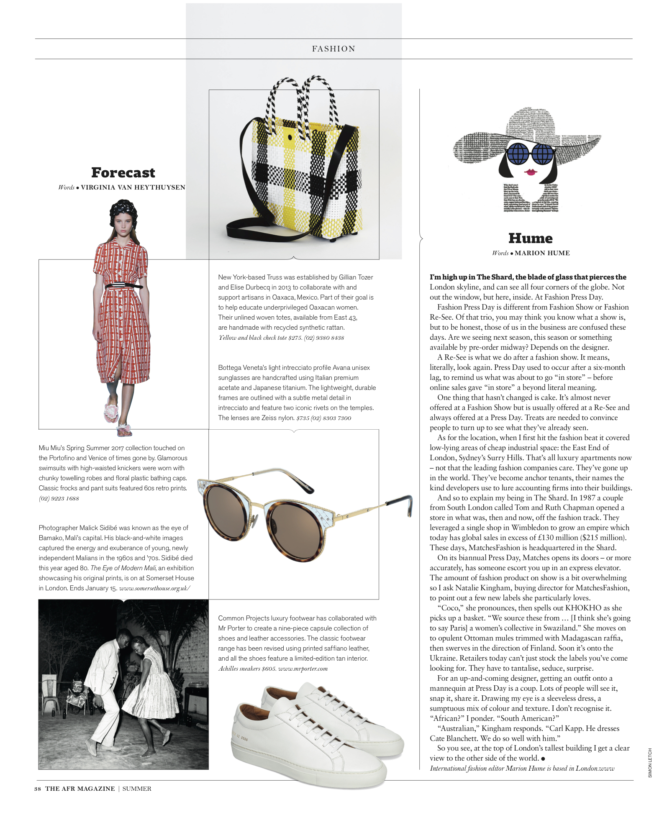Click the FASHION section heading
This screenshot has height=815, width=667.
coord(333,49)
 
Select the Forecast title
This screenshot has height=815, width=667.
coord(123,172)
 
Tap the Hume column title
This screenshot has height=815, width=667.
coord(530,238)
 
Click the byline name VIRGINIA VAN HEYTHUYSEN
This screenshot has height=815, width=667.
coord(133,187)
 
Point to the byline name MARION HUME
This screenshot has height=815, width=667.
coord(542,253)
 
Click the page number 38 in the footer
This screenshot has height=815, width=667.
coord(38,789)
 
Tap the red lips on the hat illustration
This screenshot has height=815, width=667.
coord(531,172)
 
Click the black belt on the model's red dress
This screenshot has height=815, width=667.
coord(124,287)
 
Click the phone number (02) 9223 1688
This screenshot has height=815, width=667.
coord(59,498)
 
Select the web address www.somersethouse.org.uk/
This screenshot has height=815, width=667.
coord(154,588)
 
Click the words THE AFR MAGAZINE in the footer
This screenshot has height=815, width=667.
coord(80,789)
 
